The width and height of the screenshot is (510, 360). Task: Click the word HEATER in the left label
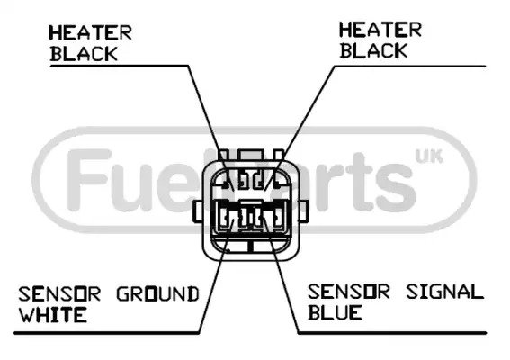[90, 33]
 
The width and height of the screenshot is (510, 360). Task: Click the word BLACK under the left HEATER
[84, 54]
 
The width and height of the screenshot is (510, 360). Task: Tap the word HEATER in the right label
[380, 30]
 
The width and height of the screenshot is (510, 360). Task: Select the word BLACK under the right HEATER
[373, 50]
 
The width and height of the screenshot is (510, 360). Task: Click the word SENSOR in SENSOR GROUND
[59, 294]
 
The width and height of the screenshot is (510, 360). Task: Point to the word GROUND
[157, 294]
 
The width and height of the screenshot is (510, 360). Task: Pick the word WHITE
[53, 315]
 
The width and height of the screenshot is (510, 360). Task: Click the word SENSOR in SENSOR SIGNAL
[349, 292]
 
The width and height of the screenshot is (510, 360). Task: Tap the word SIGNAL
[444, 292]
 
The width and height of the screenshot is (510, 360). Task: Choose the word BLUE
[335, 312]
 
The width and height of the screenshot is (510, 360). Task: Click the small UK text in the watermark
[429, 157]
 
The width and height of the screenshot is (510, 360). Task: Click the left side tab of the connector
[198, 211]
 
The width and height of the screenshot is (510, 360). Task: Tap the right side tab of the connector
[303, 211]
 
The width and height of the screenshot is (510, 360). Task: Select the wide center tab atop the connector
[250, 155]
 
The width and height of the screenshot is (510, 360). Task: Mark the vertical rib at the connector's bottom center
[250, 247]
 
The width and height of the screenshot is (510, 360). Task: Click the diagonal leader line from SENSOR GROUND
[216, 275]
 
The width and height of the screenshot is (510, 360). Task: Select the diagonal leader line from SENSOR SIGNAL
[281, 275]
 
